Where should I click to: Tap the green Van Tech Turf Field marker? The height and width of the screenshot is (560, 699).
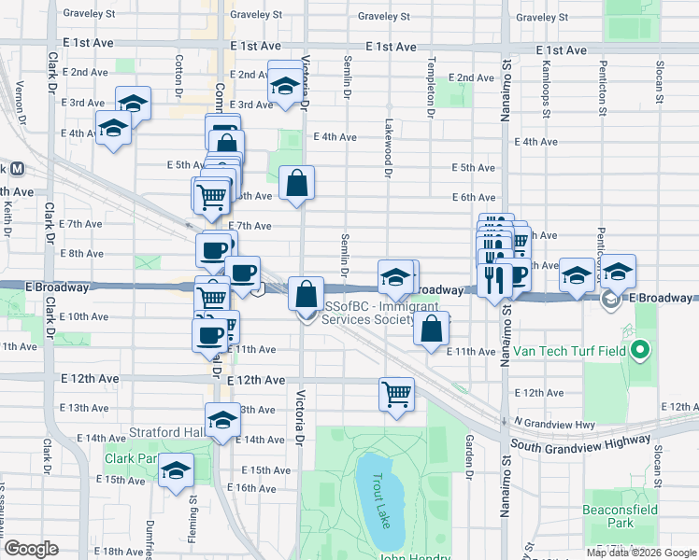[x=639, y=351]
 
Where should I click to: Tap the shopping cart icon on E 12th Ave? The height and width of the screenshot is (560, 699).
[x=397, y=393]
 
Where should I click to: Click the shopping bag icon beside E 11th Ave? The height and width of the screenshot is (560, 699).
[x=431, y=329]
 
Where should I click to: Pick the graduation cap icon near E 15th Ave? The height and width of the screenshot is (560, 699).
[x=175, y=470]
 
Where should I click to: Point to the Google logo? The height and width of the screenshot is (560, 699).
[x=31, y=549]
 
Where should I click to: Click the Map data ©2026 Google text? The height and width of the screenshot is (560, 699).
[x=641, y=553]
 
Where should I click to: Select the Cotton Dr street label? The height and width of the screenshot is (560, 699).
[x=178, y=75]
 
